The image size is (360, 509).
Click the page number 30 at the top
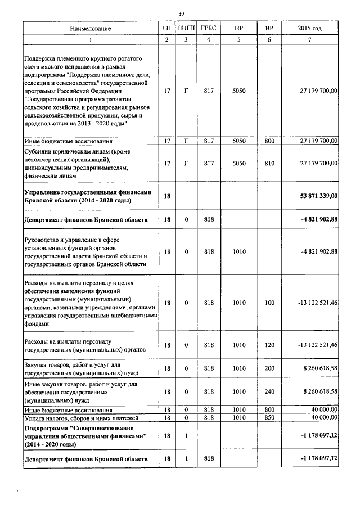pyautogui.click(x=181, y=13)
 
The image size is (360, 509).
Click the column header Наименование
pyautogui.click(x=91, y=29)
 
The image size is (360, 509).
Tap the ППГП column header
pyautogui.click(x=183, y=29)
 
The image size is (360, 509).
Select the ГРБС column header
pyautogui.click(x=209, y=29)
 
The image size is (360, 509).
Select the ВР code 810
pyautogui.click(x=269, y=163)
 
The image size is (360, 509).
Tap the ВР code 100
pyautogui.click(x=269, y=303)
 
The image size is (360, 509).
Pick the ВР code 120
pyautogui.click(x=269, y=345)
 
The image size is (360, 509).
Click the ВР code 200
pyautogui.click(x=269, y=368)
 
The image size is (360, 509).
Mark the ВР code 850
pyautogui.click(x=269, y=418)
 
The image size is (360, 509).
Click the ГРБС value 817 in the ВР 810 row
pyautogui.click(x=209, y=163)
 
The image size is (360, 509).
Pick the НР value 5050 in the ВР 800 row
pyautogui.click(x=239, y=141)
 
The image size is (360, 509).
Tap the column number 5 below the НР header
pyautogui.click(x=239, y=39)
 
